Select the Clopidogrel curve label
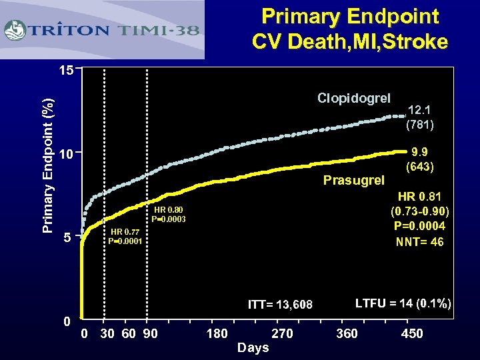pos(353,99)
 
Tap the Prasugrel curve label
pos(354,180)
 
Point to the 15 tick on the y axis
pos(65,69)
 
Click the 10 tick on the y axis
pos(65,155)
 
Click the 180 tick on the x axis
pos(217,333)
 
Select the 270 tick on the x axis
pos(281,333)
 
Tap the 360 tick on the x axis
pos(347,333)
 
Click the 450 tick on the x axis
pos(411,333)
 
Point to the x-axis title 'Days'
pos(253,347)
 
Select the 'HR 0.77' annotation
pos(125,232)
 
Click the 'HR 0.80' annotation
pos(168,210)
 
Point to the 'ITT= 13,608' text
pos(280,305)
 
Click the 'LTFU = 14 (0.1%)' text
pos(403,304)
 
